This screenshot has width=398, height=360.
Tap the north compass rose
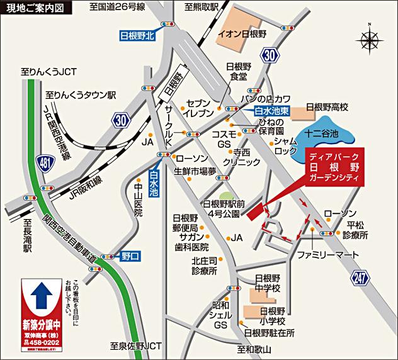(369, 39)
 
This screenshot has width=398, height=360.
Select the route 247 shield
(360, 278)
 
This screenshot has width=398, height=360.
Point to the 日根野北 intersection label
(137, 36)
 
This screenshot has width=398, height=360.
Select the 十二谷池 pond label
(322, 134)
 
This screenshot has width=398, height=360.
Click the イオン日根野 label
(242, 33)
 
